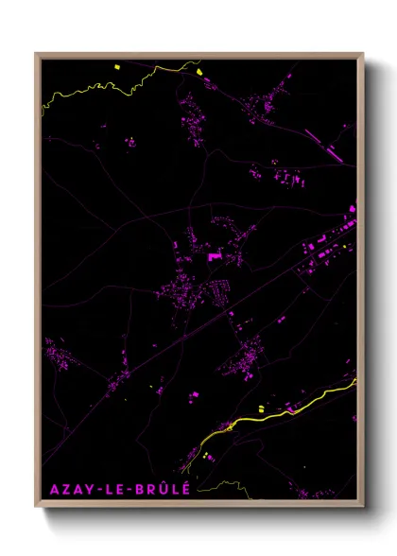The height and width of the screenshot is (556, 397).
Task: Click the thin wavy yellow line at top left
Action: point(85,91)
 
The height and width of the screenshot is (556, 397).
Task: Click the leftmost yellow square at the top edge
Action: point(117,66)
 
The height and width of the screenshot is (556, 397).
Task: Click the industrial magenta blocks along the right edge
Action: point(326,251)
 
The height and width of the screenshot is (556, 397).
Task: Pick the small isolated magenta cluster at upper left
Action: point(130,142)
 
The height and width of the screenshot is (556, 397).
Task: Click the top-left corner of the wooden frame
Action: point(37,54)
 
